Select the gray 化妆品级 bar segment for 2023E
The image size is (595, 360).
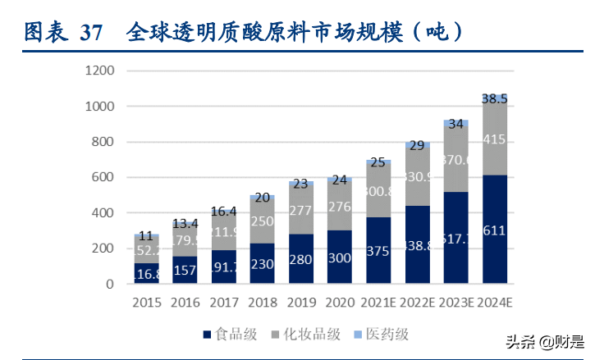[456, 158]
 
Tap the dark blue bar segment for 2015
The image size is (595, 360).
[147, 273]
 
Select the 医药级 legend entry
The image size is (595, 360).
[382, 334]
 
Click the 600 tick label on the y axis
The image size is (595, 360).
[102, 177]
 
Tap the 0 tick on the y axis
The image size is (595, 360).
[109, 284]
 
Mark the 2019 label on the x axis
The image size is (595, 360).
[301, 303]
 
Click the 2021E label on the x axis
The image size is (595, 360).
[378, 303]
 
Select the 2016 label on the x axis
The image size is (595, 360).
[185, 303]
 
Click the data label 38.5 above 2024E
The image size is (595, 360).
[495, 98]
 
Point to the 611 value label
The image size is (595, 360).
[495, 231]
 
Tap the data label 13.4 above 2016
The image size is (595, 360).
[185, 224]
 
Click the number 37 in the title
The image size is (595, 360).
[92, 33]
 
